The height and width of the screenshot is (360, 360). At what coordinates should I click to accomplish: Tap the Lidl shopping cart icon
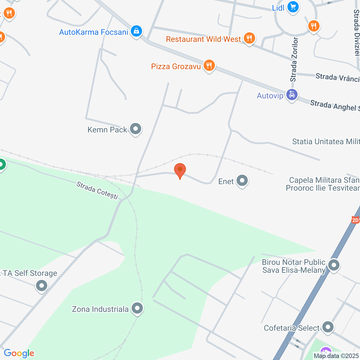293,7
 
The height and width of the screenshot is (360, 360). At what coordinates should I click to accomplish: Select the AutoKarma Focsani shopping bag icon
136,31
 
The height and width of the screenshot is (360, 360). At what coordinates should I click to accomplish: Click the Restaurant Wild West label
203,39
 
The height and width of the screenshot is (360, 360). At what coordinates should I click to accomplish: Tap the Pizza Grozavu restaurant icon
209,66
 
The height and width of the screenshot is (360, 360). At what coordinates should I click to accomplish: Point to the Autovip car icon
292,95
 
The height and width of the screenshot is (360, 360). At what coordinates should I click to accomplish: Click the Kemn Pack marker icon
136,129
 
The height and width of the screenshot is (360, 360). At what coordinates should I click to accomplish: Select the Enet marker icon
242,181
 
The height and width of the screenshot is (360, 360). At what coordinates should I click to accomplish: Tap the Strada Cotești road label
97,190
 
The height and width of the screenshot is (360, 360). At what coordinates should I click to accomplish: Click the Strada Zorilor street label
294,59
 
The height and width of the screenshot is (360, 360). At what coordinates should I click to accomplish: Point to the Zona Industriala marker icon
137,308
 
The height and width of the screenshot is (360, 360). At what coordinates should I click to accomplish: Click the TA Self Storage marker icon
42,285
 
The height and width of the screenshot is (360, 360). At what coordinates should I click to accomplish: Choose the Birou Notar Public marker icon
334,265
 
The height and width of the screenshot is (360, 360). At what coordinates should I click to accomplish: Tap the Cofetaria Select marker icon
328,327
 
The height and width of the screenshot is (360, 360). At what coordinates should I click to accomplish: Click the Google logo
19,353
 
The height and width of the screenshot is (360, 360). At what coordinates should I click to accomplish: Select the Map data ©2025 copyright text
336,356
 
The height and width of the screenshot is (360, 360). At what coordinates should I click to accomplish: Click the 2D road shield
355,220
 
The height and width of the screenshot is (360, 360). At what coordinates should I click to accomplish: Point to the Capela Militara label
323,184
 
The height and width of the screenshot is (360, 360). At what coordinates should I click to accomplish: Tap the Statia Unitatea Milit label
326,141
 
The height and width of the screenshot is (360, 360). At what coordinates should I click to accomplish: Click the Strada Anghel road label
335,106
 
